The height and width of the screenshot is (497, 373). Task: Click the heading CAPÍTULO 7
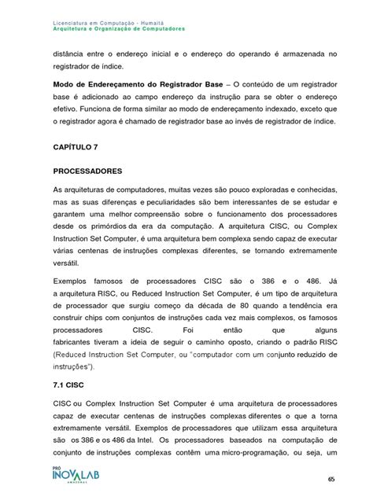tap(77, 146)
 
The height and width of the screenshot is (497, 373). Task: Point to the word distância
tap(72, 53)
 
